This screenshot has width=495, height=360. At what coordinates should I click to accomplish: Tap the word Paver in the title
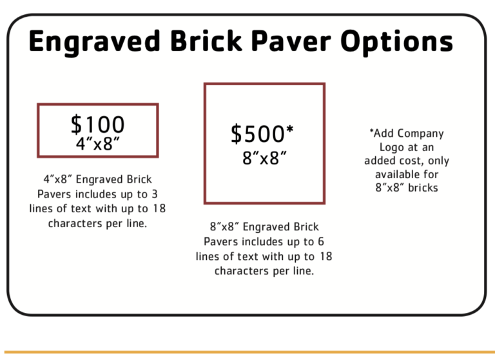click(x=291, y=41)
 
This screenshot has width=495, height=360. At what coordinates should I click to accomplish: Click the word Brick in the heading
click(x=206, y=41)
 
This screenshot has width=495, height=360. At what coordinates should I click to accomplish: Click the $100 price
click(x=97, y=125)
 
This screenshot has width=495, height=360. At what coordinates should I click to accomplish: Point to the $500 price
click(x=258, y=134)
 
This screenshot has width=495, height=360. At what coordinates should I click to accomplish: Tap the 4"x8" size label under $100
click(x=98, y=143)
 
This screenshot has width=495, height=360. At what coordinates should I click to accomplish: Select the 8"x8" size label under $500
click(x=264, y=158)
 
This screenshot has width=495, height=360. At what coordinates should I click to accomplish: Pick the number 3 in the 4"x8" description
click(x=155, y=194)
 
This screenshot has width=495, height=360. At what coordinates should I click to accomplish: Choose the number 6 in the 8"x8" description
click(x=321, y=241)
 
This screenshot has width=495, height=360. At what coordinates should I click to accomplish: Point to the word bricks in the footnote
click(x=423, y=188)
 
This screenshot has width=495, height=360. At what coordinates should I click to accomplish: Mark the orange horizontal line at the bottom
click(x=249, y=352)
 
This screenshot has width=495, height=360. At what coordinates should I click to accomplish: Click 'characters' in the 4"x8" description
click(x=75, y=223)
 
